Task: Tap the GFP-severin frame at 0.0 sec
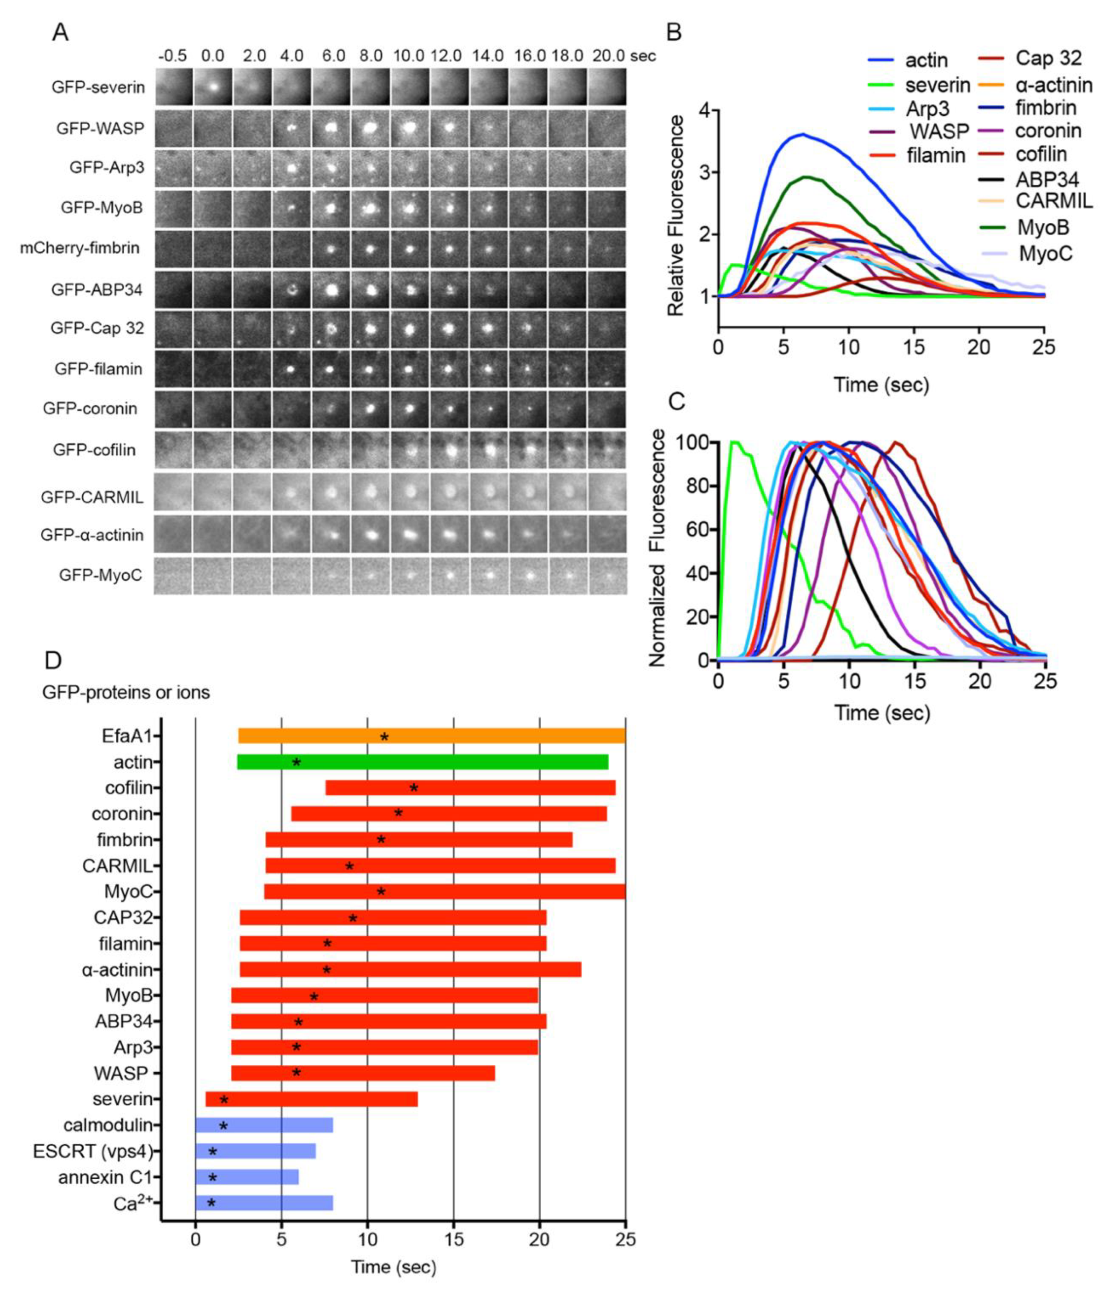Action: tap(212, 87)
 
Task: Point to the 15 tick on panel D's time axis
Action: tap(454, 1238)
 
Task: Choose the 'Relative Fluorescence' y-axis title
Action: tap(676, 215)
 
